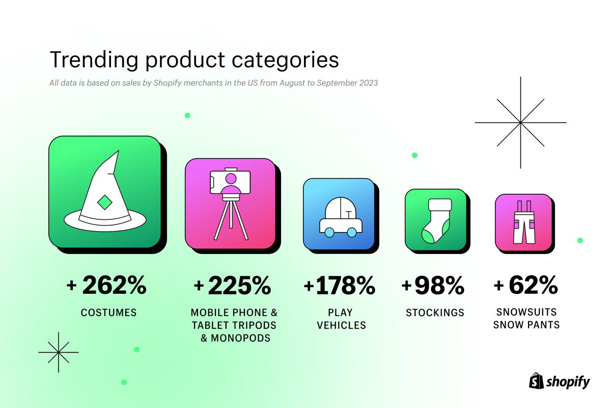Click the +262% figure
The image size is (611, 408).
click(106, 285)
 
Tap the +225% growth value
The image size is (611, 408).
click(232, 286)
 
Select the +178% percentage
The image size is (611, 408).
click(339, 286)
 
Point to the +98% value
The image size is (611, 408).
click(433, 286)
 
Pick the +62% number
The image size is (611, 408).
click(525, 285)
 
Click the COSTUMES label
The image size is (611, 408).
click(108, 312)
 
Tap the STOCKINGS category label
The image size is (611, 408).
click(435, 312)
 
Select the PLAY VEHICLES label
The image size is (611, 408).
click(341, 319)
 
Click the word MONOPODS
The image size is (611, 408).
click(240, 338)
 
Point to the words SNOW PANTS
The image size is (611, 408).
click(526, 325)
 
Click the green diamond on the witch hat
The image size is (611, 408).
click(105, 202)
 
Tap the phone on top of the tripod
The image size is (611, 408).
click(230, 182)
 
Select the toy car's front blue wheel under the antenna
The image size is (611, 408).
click(352, 232)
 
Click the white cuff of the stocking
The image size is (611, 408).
click(440, 205)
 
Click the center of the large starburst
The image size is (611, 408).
click(520, 122)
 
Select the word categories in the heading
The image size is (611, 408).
click(285, 61)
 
